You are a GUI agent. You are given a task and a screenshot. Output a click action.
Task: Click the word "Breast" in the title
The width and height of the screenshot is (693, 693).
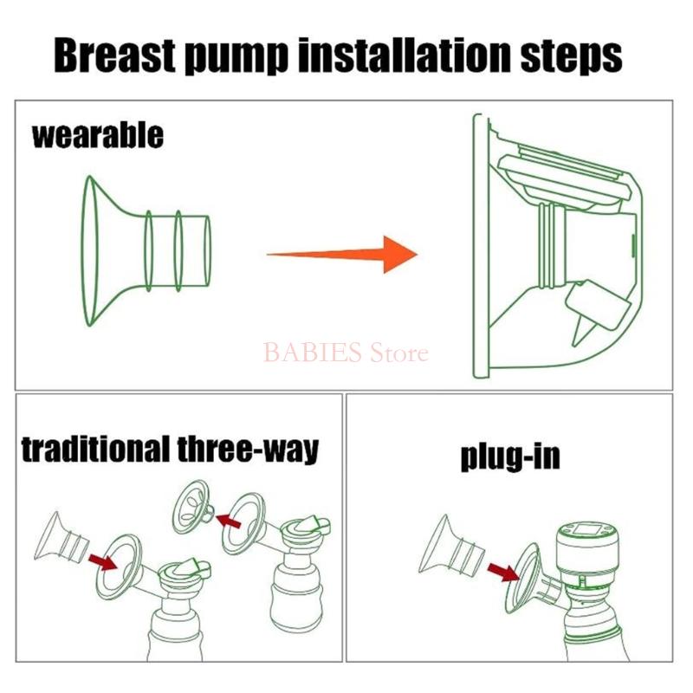point(114,55)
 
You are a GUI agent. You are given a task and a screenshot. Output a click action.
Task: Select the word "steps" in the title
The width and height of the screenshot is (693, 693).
point(572,57)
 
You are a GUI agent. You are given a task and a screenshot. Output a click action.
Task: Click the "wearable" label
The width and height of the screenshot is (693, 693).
point(98,136)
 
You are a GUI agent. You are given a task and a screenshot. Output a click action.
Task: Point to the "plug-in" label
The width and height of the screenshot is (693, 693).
point(510,457)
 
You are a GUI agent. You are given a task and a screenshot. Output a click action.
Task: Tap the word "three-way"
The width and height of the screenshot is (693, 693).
point(248,449)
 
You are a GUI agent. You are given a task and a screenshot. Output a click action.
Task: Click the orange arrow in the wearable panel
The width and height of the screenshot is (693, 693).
point(342,254)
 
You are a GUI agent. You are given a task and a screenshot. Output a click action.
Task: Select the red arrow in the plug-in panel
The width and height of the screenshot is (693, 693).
point(503,573)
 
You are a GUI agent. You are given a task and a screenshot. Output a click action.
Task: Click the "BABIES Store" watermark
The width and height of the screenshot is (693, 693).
point(346,353)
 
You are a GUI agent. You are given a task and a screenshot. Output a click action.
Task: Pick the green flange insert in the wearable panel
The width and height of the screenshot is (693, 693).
point(146,251)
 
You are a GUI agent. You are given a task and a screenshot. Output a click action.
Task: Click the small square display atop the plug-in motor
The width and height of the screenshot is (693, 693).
point(586,528)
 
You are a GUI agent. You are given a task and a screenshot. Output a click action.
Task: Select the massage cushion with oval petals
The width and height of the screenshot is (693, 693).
point(192,507)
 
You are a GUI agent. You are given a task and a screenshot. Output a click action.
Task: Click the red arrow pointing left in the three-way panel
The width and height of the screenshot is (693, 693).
point(228,521)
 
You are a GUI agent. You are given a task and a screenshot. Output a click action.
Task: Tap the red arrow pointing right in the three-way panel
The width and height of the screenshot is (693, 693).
point(102,561)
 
